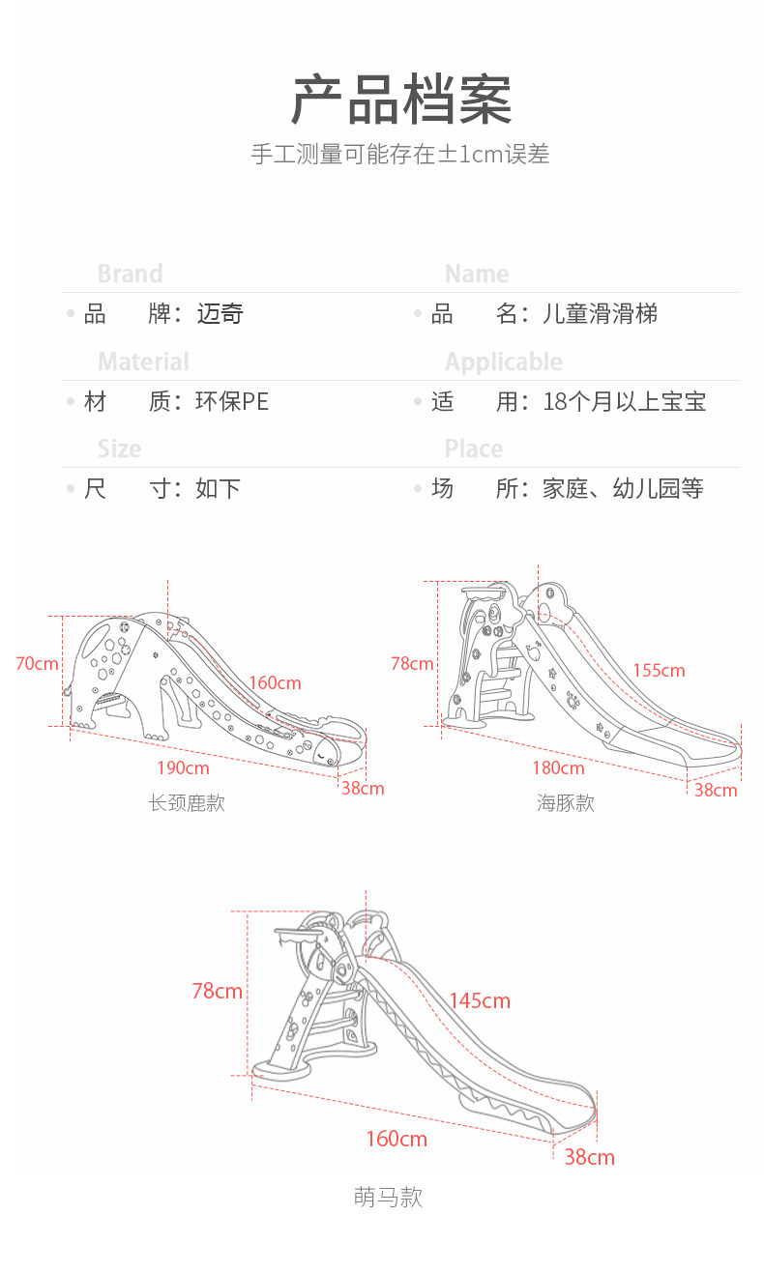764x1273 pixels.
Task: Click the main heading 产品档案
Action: [x=400, y=100]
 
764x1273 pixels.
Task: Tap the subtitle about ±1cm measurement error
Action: [x=399, y=155]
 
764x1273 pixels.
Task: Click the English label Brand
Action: [x=130, y=274]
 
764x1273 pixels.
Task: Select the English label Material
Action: [x=143, y=362]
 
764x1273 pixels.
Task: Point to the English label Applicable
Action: [x=503, y=362]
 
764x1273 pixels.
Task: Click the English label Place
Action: [x=473, y=448]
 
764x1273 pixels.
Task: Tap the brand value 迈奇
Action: [x=220, y=314]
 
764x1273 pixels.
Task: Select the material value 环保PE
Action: [x=231, y=401]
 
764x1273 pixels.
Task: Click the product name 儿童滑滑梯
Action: [x=601, y=314]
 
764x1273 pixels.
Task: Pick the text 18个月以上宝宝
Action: [x=624, y=401]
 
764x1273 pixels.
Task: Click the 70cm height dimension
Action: [x=37, y=663]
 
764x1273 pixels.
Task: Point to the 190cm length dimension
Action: [x=183, y=767]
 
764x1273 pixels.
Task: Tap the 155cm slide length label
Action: [x=659, y=670]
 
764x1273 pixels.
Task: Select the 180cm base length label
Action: [x=558, y=767]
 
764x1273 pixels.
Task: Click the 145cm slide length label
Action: [x=479, y=1000]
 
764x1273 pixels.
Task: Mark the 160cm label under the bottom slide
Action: [x=396, y=1139]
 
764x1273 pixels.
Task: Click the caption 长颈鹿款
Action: [x=187, y=803]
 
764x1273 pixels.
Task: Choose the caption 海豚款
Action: [x=566, y=803]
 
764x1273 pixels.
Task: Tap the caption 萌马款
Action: [x=388, y=1198]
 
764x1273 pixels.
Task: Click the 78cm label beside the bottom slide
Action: [x=217, y=991]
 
